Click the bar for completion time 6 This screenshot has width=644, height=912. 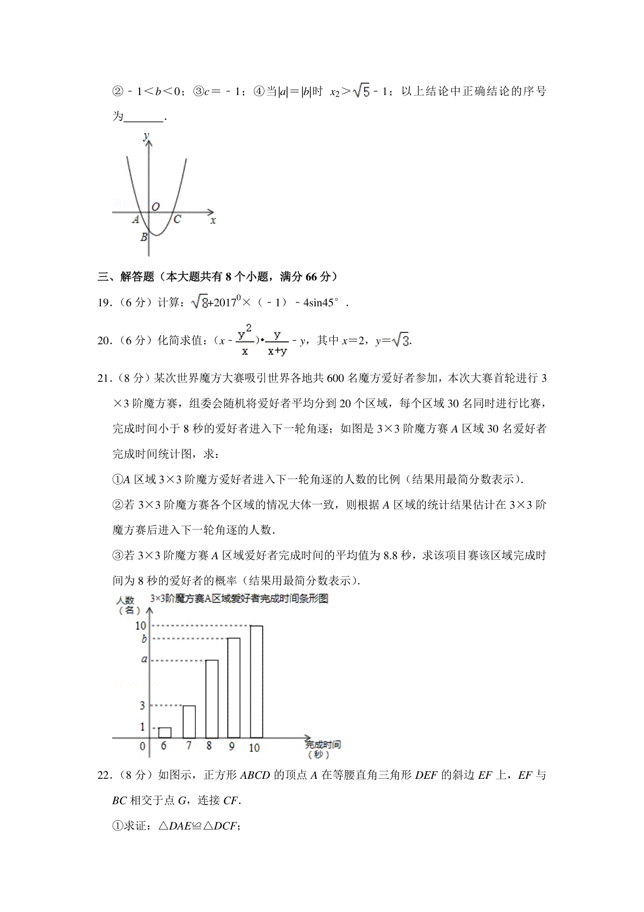click(x=165, y=732)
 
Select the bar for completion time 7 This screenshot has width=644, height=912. click(x=188, y=721)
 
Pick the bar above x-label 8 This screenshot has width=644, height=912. click(x=211, y=698)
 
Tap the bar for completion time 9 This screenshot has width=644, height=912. click(x=234, y=687)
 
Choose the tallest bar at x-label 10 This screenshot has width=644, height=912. click(x=256, y=681)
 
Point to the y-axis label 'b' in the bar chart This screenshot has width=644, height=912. click(x=143, y=639)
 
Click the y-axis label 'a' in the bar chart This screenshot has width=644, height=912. click(x=144, y=659)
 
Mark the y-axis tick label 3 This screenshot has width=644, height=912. click(x=143, y=705)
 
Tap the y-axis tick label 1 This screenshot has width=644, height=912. click(x=143, y=727)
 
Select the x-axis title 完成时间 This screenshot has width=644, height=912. click(x=323, y=744)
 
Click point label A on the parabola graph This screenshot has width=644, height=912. click(x=136, y=219)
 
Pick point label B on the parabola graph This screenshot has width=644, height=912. click(x=144, y=237)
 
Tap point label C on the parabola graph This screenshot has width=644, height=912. click(x=177, y=219)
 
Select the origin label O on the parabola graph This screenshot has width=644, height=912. click(x=156, y=206)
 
